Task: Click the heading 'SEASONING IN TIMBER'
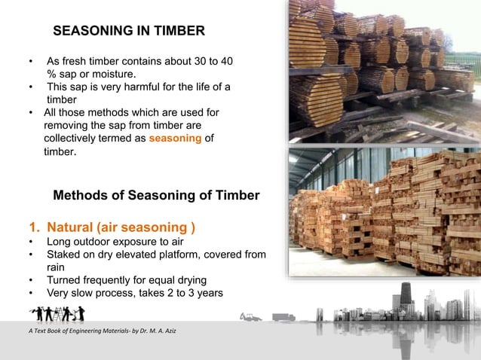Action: click(x=128, y=32)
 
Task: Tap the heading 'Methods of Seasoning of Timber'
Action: click(x=156, y=196)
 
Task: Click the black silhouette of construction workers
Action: click(x=57, y=313)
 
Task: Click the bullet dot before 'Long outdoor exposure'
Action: click(x=30, y=243)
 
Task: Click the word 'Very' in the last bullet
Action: click(x=60, y=293)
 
